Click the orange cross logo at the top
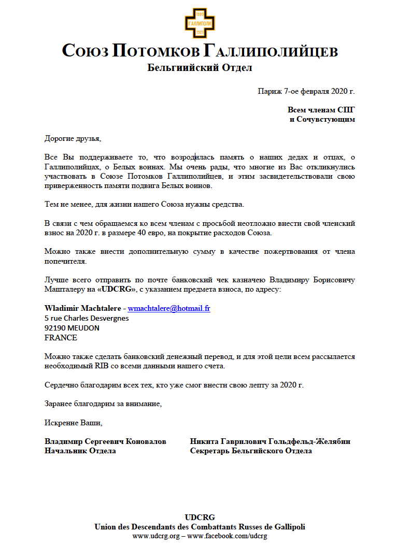(x=200, y=22)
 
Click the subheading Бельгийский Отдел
(x=200, y=68)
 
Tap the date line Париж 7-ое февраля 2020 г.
(x=306, y=91)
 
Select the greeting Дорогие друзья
(x=70, y=138)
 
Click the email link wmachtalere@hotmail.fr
(x=169, y=308)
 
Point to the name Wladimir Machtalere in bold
(x=83, y=308)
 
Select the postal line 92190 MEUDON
(x=72, y=328)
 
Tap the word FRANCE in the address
(x=61, y=338)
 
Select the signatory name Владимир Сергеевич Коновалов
(x=105, y=441)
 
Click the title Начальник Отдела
(x=80, y=451)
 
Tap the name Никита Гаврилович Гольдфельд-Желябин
(x=270, y=441)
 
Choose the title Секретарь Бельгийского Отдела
(x=251, y=451)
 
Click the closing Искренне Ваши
(x=73, y=422)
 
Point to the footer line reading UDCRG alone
(x=200, y=517)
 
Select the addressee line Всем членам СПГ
(x=321, y=110)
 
